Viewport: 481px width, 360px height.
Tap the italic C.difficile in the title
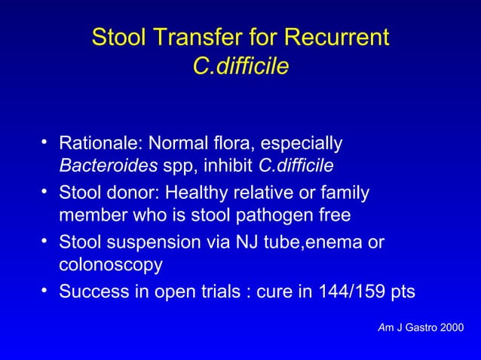(x=240, y=67)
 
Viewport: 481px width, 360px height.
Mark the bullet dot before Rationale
(x=45, y=140)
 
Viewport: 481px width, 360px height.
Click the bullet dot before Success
(x=45, y=289)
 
